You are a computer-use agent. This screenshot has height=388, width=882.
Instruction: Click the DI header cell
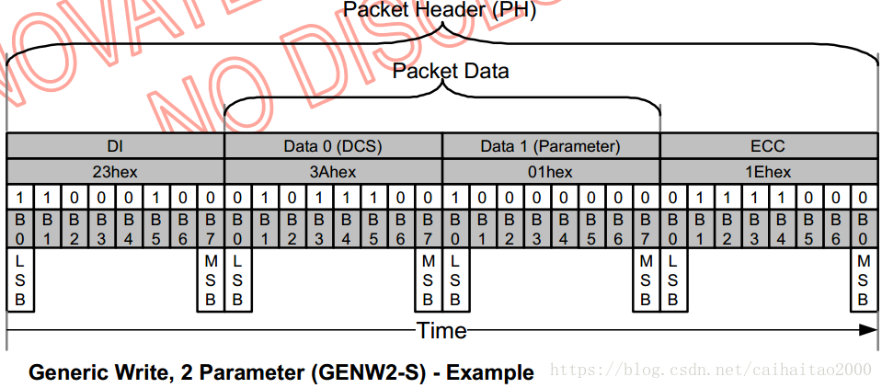(115, 146)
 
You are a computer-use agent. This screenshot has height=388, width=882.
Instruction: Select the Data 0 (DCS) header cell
(333, 146)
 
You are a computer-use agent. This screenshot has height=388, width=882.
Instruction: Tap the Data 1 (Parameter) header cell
(551, 146)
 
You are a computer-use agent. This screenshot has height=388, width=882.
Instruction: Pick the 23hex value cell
(115, 172)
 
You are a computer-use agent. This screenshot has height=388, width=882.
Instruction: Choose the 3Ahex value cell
(333, 172)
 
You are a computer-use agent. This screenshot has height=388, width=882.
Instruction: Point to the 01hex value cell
(551, 172)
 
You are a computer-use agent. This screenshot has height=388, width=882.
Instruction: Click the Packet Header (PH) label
(439, 11)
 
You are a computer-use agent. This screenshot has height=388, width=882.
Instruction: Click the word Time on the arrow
(441, 330)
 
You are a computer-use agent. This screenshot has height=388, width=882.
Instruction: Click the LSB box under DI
(20, 280)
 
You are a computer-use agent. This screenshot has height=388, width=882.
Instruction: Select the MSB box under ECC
(863, 280)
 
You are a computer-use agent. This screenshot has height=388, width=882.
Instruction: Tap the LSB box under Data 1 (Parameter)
(455, 280)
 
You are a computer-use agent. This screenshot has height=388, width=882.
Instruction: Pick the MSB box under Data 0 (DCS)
(428, 280)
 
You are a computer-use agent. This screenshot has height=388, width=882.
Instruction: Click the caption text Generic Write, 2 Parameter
(169, 373)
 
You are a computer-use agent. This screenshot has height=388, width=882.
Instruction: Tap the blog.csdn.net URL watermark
(710, 370)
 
